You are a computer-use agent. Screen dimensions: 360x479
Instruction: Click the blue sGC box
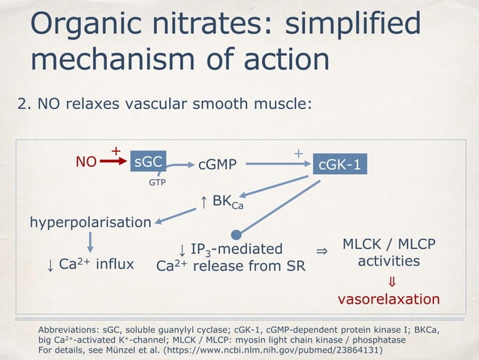[148, 162]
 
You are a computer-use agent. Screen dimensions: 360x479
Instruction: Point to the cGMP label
[217, 163]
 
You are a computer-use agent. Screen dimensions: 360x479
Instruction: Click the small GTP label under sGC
[156, 182]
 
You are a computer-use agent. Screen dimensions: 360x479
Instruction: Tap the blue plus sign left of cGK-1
[298, 153]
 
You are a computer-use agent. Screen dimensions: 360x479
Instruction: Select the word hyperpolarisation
[90, 222]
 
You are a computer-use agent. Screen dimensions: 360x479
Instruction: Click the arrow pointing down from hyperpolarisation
[91, 242]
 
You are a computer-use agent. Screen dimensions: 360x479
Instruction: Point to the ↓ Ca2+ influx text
[86, 264]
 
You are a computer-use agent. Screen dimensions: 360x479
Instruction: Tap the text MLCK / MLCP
[388, 245]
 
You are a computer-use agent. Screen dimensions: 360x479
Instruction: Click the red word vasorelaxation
[388, 299]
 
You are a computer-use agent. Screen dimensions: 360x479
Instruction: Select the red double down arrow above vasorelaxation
[390, 280]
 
